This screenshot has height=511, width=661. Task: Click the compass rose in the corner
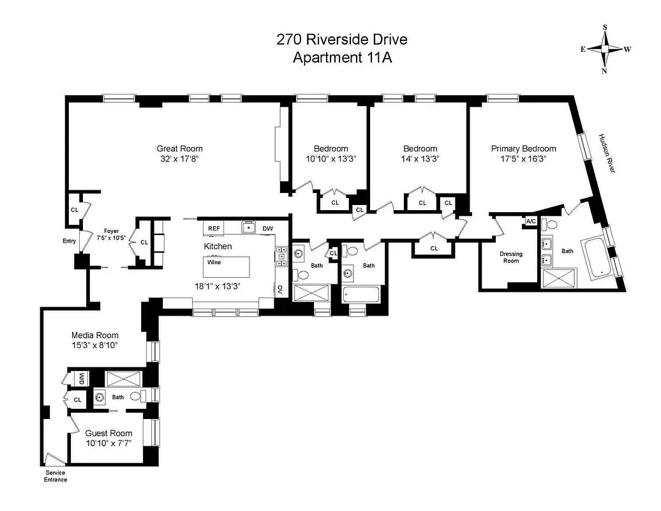coord(605,49)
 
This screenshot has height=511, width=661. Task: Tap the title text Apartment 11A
coord(341,57)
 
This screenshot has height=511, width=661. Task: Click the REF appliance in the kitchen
coord(214,228)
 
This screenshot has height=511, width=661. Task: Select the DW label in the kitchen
coord(268,228)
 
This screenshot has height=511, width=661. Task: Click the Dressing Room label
coord(510,257)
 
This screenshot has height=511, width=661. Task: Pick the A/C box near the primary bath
coord(531,222)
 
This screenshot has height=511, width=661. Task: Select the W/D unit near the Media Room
coord(82,378)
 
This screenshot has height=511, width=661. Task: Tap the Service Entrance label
coord(55,476)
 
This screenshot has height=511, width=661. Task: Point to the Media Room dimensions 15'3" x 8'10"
coord(95,345)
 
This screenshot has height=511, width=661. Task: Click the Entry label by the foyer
coord(69,241)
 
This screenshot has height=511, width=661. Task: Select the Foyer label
coord(112,231)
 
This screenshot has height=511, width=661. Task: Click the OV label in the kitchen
coord(280,289)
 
